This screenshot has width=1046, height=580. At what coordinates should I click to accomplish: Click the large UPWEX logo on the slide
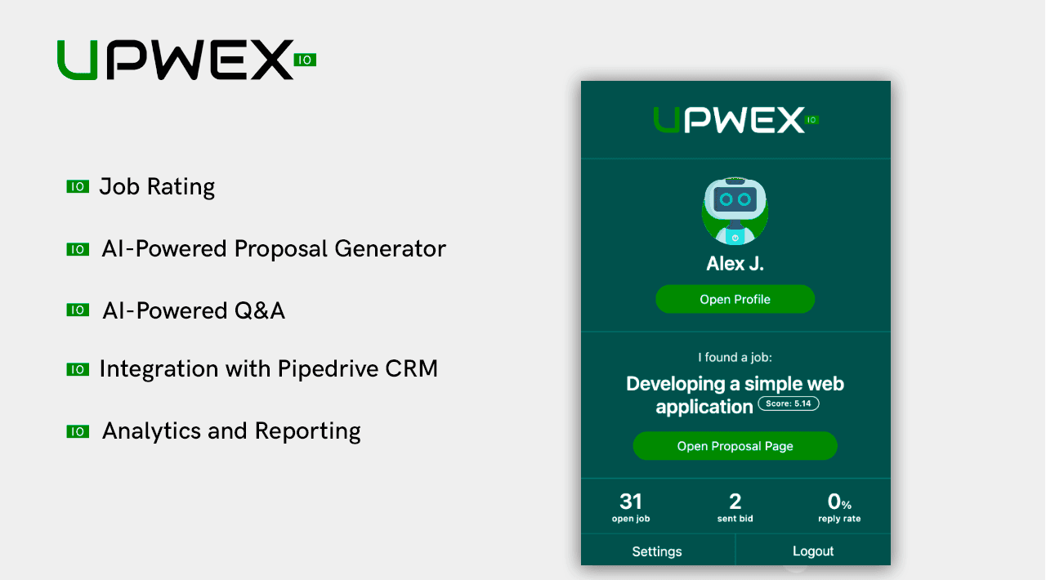coord(186,60)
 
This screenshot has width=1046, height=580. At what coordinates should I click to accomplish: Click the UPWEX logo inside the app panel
coord(735,120)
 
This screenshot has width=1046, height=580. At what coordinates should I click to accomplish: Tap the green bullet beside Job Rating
coord(78,187)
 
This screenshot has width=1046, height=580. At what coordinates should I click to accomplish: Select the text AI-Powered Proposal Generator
coord(274,248)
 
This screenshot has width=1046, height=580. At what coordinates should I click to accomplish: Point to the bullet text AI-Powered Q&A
coord(194,310)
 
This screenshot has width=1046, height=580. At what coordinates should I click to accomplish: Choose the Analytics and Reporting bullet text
coord(231,431)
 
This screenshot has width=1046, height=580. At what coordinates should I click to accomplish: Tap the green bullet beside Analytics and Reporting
coord(78,432)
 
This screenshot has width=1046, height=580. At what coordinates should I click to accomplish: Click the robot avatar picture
coord(735,211)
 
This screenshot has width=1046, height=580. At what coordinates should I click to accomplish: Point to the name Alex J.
coord(735,264)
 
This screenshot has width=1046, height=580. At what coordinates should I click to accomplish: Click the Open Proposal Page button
coord(735,446)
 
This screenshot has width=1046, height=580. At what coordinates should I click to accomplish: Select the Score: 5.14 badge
coord(789,404)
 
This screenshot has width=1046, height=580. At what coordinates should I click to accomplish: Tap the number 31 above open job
coord(631,502)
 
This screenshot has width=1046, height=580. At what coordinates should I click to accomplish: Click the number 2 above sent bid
coord(735,502)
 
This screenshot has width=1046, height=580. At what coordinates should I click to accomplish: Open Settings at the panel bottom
coord(657,551)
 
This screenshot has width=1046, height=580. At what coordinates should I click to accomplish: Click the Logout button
coord(813,551)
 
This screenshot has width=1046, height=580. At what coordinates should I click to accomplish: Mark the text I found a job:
coord(735,357)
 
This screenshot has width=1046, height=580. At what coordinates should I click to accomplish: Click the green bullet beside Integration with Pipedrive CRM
coord(78,370)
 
